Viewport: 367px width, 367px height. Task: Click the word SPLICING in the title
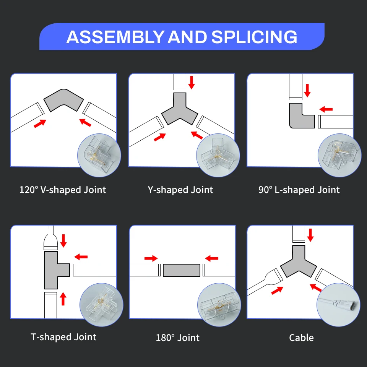[x=254, y=37]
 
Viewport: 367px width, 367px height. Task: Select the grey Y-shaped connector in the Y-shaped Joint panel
[x=179, y=111]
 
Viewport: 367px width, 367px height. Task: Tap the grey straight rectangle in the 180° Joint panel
[x=181, y=270]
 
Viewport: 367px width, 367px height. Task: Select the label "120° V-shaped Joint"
[x=63, y=190]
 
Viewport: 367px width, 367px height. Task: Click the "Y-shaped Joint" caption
[x=180, y=190]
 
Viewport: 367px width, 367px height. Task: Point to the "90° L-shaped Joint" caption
[x=299, y=190]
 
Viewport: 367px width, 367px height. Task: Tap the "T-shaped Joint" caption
[x=63, y=337]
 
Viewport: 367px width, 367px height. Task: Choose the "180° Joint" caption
[x=178, y=338]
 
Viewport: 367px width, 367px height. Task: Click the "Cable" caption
[x=301, y=338]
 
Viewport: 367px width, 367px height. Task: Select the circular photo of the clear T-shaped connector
[x=101, y=304]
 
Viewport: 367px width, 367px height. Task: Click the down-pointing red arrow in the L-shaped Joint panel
[x=307, y=91]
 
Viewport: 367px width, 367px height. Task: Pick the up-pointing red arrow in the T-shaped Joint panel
[x=63, y=299]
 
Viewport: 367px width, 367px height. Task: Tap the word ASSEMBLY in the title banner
[x=115, y=37]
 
